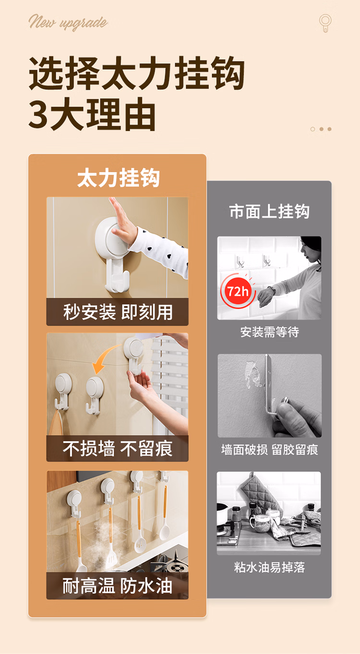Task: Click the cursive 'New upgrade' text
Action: click(68, 22)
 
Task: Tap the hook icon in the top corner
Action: click(325, 23)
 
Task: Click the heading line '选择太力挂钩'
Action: click(137, 73)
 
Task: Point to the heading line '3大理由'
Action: click(92, 114)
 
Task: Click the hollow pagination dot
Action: click(312, 129)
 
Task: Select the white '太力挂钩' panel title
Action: click(118, 178)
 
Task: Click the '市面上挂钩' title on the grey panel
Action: click(269, 211)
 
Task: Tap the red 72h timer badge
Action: click(238, 291)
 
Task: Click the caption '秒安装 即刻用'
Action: click(118, 312)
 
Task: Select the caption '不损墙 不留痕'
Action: click(118, 448)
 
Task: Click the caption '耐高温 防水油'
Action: click(118, 586)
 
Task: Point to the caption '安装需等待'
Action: click(269, 332)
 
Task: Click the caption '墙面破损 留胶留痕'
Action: click(269, 449)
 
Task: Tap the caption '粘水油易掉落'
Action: click(269, 567)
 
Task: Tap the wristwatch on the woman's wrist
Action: click(272, 290)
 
